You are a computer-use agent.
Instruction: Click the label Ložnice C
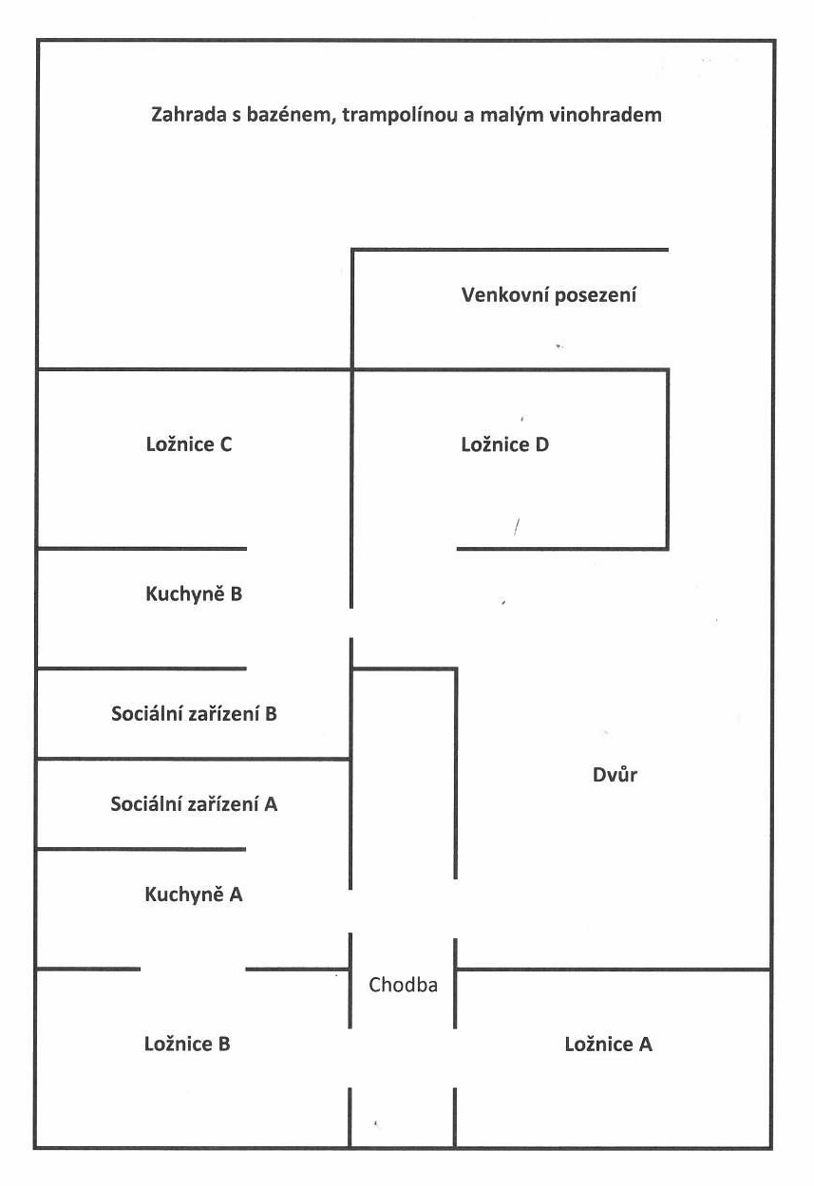[x=189, y=443]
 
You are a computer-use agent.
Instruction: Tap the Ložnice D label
[x=504, y=443]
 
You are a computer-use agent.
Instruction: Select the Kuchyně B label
[x=194, y=594]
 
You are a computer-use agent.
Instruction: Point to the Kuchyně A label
[x=194, y=894]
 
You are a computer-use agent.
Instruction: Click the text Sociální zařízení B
[x=194, y=714]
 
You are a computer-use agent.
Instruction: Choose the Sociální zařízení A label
[x=194, y=804]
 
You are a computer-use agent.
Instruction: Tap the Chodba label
[x=403, y=985]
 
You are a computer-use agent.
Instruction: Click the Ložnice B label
[x=187, y=1044]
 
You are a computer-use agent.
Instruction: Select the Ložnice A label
[x=608, y=1045]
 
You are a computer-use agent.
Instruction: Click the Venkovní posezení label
[x=549, y=294]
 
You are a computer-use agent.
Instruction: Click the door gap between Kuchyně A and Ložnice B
[x=193, y=970]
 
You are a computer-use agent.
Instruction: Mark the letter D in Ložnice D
[x=542, y=443]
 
